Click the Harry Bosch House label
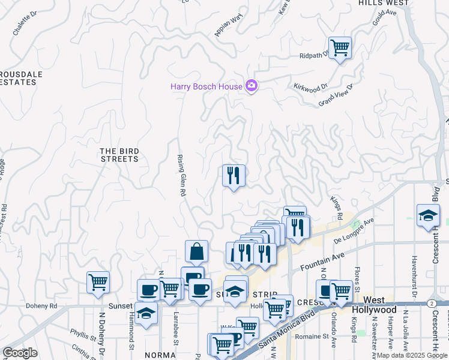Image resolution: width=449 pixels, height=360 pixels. pos(206,86)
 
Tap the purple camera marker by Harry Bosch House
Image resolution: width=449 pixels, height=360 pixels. pos(252,86)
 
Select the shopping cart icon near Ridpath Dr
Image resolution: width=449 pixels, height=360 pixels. pos(340,47)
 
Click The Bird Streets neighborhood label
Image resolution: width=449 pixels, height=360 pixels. pos(119,155)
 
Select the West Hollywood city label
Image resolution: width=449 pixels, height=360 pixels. pos(380,304)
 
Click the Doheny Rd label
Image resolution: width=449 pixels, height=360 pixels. pos(41,305)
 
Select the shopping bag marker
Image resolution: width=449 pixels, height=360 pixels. pos(197,252)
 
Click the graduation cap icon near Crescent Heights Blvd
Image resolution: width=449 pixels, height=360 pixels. pos(427,215)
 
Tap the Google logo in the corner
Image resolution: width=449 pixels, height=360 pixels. pos(20,352)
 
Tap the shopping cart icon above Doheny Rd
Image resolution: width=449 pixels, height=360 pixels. pos(98,282)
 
